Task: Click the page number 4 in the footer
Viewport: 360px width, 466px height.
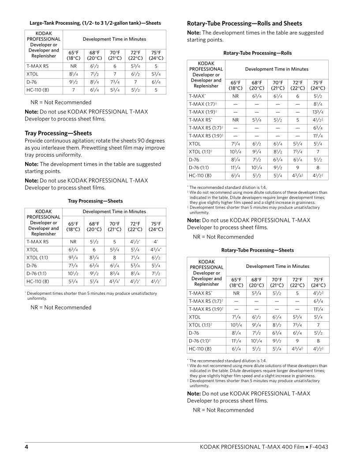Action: [x=26, y=447]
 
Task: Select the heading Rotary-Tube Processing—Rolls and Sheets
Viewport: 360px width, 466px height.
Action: [x=244, y=23]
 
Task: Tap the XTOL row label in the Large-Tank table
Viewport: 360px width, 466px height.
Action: [x=33, y=74]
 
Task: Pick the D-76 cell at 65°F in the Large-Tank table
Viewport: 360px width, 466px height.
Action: [x=73, y=82]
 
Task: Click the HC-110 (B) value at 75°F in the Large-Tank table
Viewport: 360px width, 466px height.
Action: [x=155, y=90]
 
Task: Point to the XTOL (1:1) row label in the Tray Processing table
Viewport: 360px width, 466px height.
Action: [x=38, y=257]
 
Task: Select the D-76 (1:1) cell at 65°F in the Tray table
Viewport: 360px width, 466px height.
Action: [x=73, y=273]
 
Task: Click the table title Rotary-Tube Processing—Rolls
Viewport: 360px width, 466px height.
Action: [x=257, y=53]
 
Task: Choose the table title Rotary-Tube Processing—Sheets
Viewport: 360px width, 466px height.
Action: [x=257, y=250]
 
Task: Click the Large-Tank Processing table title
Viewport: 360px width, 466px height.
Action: [x=95, y=23]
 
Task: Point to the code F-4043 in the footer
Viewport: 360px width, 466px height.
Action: [x=317, y=447]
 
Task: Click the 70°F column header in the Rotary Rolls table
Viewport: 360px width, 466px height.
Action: [x=277, y=86]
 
